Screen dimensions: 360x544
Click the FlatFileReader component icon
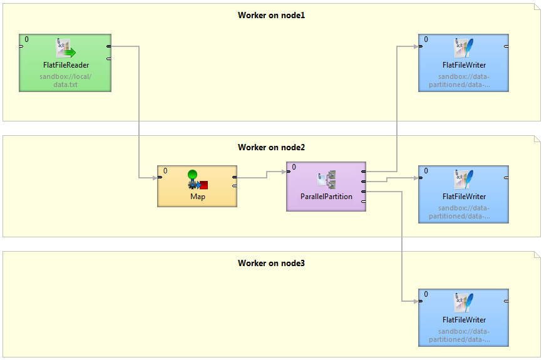coord(64,49)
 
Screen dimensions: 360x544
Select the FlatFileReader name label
coord(64,65)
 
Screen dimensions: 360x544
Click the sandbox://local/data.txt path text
coord(64,81)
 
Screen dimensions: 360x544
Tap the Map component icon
coord(197,180)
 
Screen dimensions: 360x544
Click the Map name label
coord(197,197)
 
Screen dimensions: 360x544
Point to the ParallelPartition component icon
coord(326,179)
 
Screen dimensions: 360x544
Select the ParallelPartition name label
coord(326,197)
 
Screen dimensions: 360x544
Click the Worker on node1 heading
coord(271,15)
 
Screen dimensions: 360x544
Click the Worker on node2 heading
coord(271,148)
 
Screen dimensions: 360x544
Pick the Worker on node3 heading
coord(271,264)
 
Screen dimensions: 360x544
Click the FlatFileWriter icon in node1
coord(464,48)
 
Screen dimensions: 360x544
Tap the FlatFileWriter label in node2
coord(464,197)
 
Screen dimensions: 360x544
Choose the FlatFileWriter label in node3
coord(464,320)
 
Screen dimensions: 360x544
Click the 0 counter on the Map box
coord(165,170)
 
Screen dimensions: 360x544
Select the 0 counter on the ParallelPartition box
coord(294,167)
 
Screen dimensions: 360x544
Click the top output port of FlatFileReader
coord(109,46)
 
